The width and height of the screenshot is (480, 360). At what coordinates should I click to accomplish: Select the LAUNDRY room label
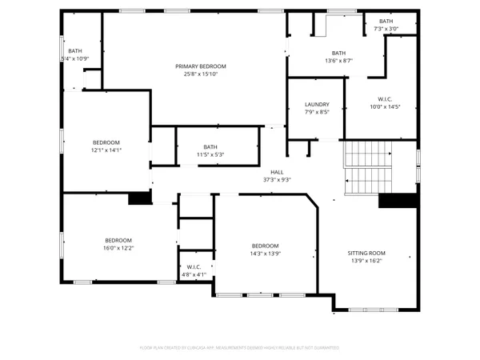click(x=317, y=105)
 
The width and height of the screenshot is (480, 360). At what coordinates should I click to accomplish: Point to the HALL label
click(x=277, y=172)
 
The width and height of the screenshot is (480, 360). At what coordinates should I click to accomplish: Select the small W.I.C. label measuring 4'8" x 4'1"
click(x=194, y=267)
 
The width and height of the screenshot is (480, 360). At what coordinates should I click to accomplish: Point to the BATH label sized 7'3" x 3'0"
click(x=386, y=22)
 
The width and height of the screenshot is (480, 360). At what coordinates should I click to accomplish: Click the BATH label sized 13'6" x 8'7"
click(x=339, y=53)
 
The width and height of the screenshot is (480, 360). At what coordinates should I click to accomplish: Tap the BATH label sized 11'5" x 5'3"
click(x=210, y=146)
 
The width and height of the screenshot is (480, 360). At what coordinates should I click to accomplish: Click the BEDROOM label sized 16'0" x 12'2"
click(x=118, y=240)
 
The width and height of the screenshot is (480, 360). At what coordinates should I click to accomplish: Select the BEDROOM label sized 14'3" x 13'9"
click(x=265, y=246)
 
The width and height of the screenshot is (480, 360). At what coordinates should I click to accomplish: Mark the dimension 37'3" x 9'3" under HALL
click(x=277, y=180)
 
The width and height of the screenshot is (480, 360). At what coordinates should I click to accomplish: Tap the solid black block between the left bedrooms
click(x=140, y=198)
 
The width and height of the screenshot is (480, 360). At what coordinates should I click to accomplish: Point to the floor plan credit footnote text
click(x=239, y=348)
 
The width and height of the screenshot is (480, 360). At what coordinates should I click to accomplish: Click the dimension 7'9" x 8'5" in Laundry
click(x=317, y=113)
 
